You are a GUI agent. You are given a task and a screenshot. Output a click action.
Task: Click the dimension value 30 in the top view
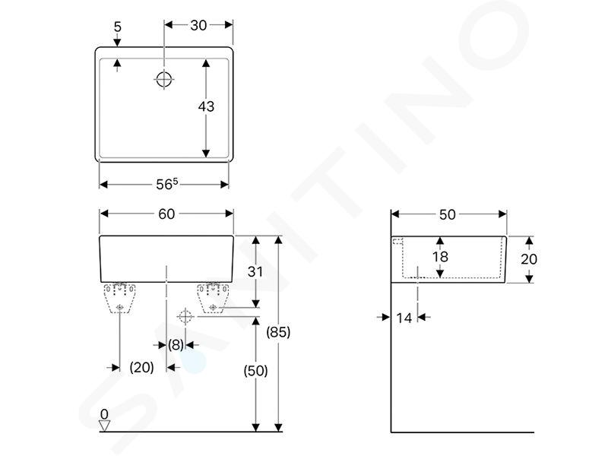pos(198,26)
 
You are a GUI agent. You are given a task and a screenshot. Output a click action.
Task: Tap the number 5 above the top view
pos(118,27)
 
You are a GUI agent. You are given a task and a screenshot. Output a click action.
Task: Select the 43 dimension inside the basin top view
pos(206,106)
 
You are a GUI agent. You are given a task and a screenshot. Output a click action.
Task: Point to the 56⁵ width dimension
pos(166,184)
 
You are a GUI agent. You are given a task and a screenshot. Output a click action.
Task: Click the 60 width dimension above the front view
pos(166,214)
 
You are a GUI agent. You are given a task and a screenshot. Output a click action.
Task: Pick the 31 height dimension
pos(255,271)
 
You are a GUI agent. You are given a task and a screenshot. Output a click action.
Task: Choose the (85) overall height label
pos(278,332)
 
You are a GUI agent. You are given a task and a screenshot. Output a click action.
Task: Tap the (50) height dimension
pos(255,371)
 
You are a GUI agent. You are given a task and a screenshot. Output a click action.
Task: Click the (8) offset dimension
pos(176,344)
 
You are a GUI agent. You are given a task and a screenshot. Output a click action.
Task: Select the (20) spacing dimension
pos(141,367)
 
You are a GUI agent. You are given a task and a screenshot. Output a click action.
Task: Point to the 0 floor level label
pos(104,414)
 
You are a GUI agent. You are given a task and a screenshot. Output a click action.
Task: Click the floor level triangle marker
pos(104,426)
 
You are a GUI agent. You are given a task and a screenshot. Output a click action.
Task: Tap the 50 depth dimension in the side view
pos(447,214)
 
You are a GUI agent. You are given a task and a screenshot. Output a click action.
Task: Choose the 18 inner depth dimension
pos(440,256)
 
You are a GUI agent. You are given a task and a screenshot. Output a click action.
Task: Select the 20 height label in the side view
pos(529,259)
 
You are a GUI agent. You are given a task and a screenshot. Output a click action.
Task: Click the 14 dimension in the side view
pos(404,318)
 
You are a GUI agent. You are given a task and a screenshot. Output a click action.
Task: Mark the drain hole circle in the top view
pos(164,80)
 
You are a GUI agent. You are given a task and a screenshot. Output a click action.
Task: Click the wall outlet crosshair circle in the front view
pos(185,317)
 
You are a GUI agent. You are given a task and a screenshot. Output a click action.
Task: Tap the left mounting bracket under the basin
pos(119,297)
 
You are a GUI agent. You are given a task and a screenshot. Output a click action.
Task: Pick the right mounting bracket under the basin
pos(213,297)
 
